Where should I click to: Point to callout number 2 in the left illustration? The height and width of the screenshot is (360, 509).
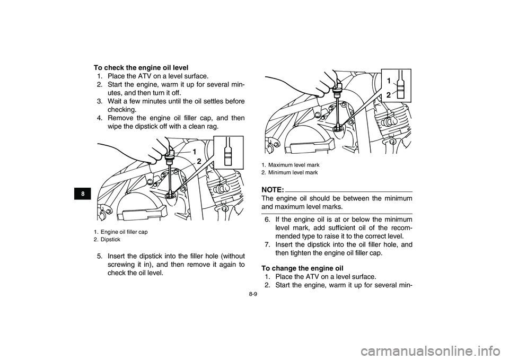tap(199, 161)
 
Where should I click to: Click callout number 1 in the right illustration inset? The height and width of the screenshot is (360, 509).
tap(388, 81)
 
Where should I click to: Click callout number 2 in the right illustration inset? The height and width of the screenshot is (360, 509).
tap(388, 94)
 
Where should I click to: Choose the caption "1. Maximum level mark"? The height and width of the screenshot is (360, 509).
tap(291, 165)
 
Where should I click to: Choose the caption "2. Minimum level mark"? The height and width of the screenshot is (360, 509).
tap(289, 173)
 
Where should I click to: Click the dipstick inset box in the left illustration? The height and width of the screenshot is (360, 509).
tap(228, 152)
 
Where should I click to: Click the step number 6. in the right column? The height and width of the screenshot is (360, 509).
tap(268, 219)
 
